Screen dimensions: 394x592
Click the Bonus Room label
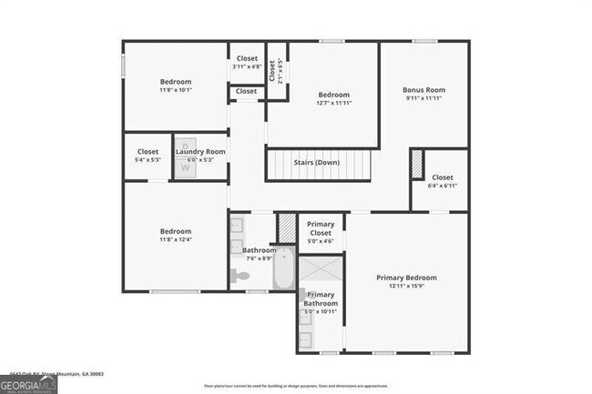coord(424,90)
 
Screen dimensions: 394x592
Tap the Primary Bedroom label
coord(407,278)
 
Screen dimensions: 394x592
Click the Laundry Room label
coord(200,151)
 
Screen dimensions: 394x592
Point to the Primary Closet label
coord(320,228)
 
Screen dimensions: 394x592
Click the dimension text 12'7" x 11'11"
coord(334,104)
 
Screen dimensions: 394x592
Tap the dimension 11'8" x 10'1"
coord(176,90)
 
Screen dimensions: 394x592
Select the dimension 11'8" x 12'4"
coord(176,240)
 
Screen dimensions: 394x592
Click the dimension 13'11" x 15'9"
coord(407,286)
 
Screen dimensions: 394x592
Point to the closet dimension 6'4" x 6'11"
coord(442,186)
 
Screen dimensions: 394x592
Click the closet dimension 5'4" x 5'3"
coord(148,159)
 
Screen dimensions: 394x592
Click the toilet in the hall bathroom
coord(240,276)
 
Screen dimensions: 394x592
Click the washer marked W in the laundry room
coord(185,167)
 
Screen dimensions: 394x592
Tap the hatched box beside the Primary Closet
coord(287,227)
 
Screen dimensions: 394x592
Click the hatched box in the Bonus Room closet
coord(418,164)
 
